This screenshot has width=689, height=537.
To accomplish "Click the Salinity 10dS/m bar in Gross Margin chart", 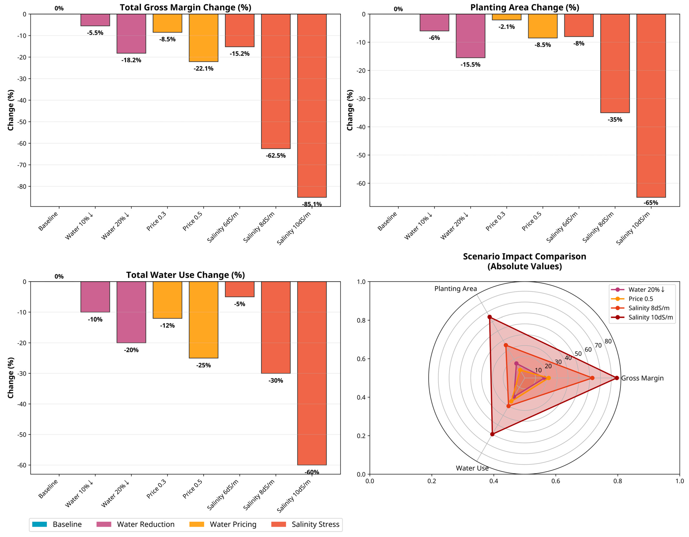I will coord(312,106).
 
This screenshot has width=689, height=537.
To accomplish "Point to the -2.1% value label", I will coord(506,27).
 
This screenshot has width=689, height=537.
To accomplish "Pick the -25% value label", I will coord(203,365).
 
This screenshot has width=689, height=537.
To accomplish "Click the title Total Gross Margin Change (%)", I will coord(185,8).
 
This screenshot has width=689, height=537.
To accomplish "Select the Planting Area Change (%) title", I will coord(525,8).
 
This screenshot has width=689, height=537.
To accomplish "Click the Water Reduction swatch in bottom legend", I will coord(103,524).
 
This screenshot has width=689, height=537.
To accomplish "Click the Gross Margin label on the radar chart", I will coord(642,378).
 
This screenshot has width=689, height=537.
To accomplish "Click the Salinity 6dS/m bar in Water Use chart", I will coord(239,289).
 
